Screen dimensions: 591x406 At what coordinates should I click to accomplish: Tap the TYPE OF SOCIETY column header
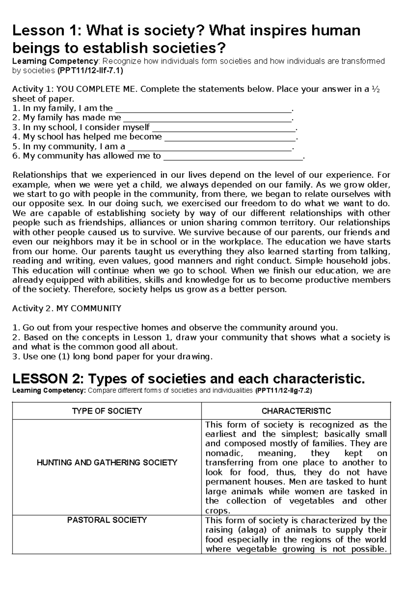pos(107,411)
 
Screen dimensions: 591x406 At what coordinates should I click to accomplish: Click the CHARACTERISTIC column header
pos(296,411)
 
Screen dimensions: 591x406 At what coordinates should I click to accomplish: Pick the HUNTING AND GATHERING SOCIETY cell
pos(107,462)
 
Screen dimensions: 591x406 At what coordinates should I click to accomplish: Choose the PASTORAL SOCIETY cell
pos(107,520)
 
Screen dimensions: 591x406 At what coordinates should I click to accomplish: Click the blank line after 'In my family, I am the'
pos(203,109)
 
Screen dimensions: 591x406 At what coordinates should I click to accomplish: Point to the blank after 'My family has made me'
pos(207,118)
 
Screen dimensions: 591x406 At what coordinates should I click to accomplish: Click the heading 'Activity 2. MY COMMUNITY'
pos(67,309)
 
